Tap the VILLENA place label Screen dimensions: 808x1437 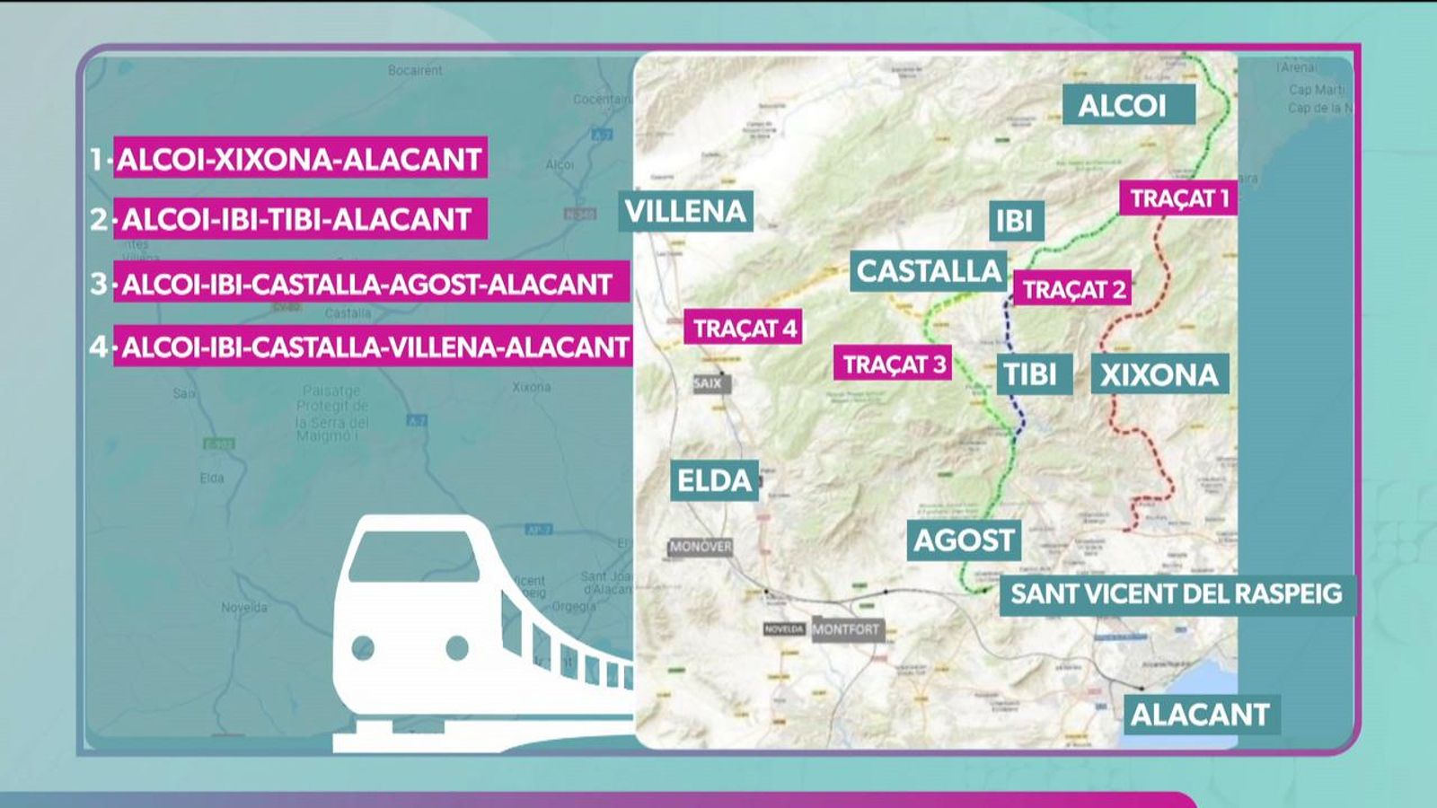point(686,211)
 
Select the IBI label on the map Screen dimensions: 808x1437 point(1015,221)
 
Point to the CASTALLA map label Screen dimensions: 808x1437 point(929,271)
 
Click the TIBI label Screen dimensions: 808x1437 point(1033,374)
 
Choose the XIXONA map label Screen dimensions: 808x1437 point(1159,374)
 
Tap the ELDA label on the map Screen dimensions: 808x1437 point(714,480)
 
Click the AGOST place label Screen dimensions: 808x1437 point(964,540)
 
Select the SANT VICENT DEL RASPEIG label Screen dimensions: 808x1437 point(1176,593)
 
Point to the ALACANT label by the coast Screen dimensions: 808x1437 point(1200,715)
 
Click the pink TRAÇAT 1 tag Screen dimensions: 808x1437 point(1178,198)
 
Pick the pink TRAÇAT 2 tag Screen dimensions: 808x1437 point(1073,290)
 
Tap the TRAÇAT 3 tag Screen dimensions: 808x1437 point(893,364)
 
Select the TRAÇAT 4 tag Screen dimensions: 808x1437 point(744,328)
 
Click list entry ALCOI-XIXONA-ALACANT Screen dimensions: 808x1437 point(300,159)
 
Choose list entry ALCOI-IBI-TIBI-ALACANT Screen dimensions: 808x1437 point(300,219)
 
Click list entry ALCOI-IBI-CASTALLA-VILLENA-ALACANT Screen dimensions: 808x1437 point(374,347)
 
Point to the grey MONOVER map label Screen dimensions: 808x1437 point(701,547)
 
